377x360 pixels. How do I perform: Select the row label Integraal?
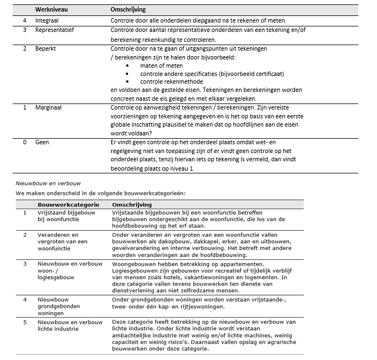[48, 20]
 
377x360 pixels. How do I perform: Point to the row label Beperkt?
[47, 49]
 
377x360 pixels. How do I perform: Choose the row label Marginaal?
[49, 107]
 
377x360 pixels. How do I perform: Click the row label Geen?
[42, 143]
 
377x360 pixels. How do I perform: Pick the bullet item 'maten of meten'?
[161, 66]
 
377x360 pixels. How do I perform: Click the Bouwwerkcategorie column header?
[68, 204]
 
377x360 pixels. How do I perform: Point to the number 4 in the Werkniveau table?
[24, 20]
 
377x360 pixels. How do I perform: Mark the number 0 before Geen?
[24, 143]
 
